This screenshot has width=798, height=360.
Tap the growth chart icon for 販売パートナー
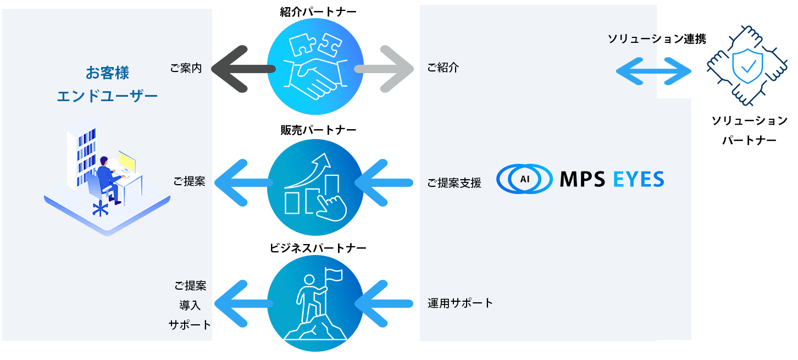pos(315,187)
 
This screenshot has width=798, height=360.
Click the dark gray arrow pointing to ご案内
pos(242,69)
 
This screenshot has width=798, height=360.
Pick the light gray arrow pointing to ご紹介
pos(385,69)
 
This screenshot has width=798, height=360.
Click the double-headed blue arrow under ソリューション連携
pos(653,71)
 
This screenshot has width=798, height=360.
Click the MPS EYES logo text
pos(611,179)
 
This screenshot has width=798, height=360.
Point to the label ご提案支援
pos(454,183)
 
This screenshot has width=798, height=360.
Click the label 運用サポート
pos(460,303)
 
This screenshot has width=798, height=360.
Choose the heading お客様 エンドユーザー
pos(107,84)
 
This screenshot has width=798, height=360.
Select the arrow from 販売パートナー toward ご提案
pos(242,183)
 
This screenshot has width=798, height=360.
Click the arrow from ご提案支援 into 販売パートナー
pos(385,183)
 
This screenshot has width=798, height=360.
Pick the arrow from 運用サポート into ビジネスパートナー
pos(385,303)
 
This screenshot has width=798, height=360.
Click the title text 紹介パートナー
pos(314,13)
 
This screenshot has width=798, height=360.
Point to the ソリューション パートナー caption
pos(749,130)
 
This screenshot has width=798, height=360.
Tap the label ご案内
pos(186,69)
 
